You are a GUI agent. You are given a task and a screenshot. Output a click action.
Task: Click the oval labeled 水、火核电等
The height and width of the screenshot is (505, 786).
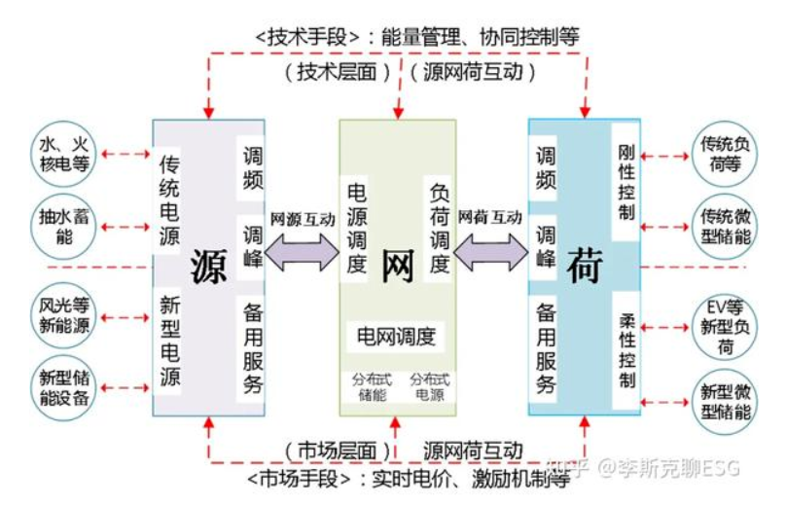pos(65,154)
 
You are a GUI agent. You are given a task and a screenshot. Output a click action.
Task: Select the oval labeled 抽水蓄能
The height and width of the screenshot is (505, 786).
pos(64,226)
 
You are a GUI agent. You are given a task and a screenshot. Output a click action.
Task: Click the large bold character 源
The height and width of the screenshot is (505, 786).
pos(208,266)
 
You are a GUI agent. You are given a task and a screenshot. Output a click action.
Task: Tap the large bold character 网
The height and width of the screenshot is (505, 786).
pos(397,266)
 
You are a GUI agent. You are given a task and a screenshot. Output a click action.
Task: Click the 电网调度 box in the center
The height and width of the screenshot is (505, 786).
pos(396,337)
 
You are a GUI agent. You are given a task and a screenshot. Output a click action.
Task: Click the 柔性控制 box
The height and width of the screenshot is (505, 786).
pos(626,350)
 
